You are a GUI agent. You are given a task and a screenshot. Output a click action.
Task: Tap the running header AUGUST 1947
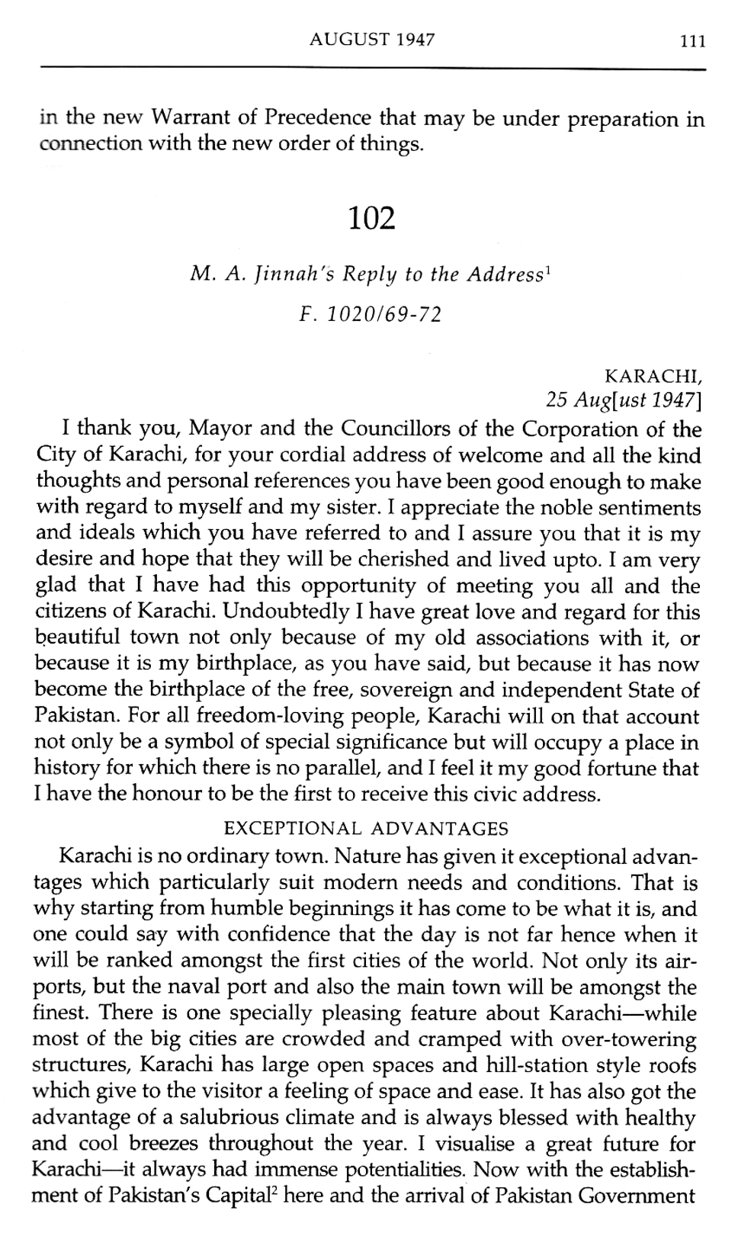click(x=372, y=40)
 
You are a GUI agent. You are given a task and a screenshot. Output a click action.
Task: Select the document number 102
click(x=372, y=219)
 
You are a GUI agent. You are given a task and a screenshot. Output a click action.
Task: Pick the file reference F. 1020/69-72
click(x=371, y=314)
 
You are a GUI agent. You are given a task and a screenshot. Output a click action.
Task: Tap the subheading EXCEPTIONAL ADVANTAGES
click(x=367, y=828)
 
